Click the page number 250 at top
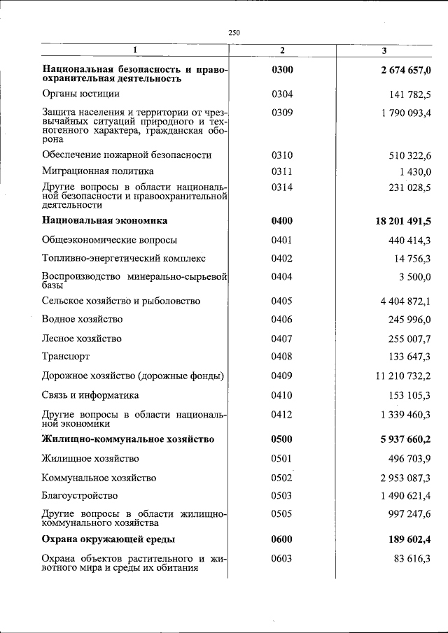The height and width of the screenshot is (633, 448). click(x=234, y=32)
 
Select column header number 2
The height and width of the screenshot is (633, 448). click(x=282, y=50)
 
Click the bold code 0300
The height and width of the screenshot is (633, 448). click(x=282, y=69)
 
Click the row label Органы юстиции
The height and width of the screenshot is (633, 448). click(x=80, y=94)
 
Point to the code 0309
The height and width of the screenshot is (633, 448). click(x=282, y=112)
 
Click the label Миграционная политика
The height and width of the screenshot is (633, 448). click(x=98, y=171)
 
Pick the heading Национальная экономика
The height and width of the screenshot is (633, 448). click(x=104, y=221)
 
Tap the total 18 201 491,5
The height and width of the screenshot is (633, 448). click(x=403, y=221)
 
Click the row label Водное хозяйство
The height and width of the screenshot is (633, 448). click(x=82, y=319)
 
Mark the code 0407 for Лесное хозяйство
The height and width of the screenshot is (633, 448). click(x=282, y=339)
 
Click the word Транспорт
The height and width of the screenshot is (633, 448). click(x=66, y=357)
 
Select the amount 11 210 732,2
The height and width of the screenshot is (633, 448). click(x=403, y=376)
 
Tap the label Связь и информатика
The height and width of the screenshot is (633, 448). click(x=90, y=395)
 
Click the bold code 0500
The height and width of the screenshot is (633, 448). click(x=282, y=439)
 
